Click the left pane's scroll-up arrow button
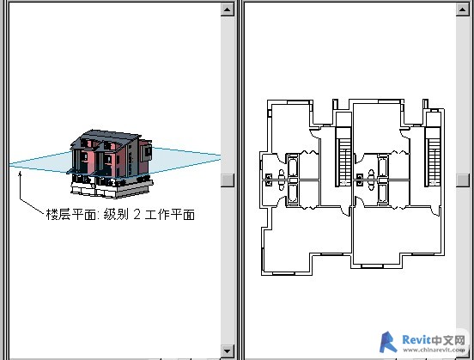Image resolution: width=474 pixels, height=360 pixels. pos(227,9)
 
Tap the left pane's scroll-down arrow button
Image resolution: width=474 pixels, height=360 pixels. pos(227,351)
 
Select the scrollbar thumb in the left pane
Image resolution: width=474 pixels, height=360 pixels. pos(227,180)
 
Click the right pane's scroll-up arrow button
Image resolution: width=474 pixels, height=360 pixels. pos(462,9)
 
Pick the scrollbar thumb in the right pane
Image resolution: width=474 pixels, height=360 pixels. pos(462,180)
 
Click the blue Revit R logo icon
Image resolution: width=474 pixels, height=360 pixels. pos(388,342)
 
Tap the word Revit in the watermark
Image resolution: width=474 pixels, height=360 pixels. pos(416,340)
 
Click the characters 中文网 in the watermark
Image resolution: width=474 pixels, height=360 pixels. pos(448,340)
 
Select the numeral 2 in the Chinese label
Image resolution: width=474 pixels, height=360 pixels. pos(137,214)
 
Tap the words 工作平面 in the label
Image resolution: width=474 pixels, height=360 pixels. pos(169,215)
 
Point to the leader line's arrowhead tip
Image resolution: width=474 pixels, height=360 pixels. pos(20,171)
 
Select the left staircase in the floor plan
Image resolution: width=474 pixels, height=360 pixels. pos(343,156)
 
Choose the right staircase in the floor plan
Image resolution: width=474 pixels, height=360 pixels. pos(433,156)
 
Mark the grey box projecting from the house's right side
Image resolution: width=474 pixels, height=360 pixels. pos(147,153)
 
